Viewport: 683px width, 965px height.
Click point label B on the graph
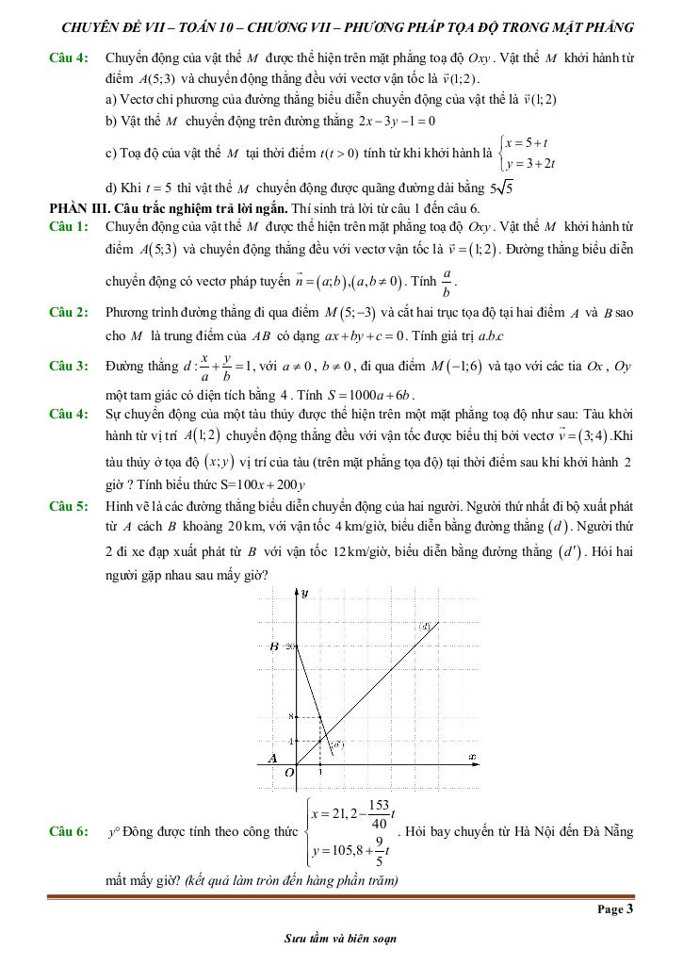click(273, 646)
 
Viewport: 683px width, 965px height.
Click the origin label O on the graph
click(289, 772)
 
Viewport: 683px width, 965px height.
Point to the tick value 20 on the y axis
click(290, 646)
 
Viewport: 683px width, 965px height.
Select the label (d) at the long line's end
click(425, 626)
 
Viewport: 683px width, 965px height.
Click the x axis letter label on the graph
click(471, 756)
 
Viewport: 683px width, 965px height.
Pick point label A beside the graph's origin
click(273, 758)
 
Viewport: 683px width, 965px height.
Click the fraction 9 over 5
click(378, 852)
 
